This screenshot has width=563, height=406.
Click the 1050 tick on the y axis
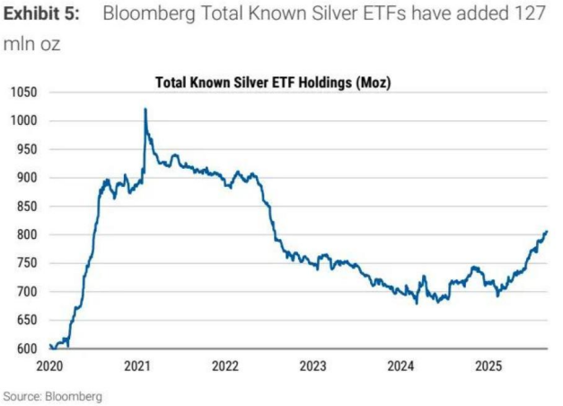point(23,92)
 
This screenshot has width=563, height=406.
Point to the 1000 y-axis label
point(23,120)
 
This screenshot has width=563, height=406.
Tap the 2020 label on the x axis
point(50,366)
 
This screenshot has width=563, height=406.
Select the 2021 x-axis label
point(137,366)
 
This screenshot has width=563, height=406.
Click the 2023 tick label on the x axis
point(312,366)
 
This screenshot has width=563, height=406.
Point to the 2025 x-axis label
point(488,366)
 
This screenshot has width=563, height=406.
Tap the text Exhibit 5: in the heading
point(46,16)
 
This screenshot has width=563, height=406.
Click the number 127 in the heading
point(527,16)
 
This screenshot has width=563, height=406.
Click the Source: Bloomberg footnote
point(52,395)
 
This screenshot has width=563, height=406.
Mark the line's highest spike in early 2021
point(145,110)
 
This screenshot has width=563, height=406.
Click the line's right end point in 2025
point(546,231)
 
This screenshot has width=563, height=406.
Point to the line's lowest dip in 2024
point(417,303)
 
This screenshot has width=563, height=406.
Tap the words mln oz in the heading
point(31,44)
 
